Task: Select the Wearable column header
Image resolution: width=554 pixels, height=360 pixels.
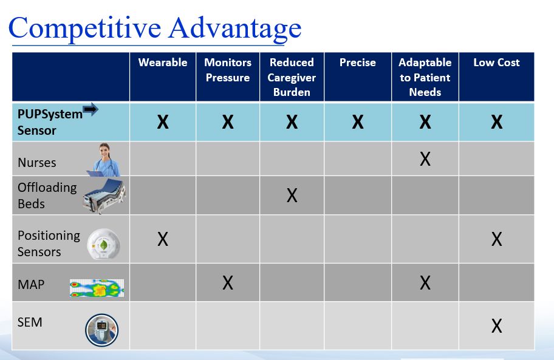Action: point(163,63)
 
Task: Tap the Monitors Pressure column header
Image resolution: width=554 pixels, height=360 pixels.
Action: point(228,70)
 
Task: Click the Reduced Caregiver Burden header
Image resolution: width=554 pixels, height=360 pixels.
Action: point(292,77)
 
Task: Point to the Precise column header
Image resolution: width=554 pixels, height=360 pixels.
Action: point(358,63)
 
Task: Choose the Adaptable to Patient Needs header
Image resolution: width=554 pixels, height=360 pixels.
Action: point(425,77)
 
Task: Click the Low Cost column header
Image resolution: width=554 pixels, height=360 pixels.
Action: point(496,63)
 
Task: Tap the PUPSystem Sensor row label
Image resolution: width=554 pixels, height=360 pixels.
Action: point(49,122)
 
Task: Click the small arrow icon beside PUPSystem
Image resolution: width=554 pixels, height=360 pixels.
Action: point(90,109)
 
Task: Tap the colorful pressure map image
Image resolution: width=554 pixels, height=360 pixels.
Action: point(97,288)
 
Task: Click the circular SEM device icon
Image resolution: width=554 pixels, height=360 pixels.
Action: point(101,330)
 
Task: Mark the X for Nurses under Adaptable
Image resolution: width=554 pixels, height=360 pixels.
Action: point(425,159)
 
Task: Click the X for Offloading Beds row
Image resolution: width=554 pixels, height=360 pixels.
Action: point(292,195)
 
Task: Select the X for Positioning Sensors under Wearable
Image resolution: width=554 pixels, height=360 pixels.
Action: point(163,239)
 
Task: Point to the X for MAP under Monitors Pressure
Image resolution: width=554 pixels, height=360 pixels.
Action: point(228,282)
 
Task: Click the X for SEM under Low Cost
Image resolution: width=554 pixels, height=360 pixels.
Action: point(496,326)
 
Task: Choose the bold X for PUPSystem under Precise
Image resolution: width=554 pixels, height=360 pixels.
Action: point(358,123)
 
